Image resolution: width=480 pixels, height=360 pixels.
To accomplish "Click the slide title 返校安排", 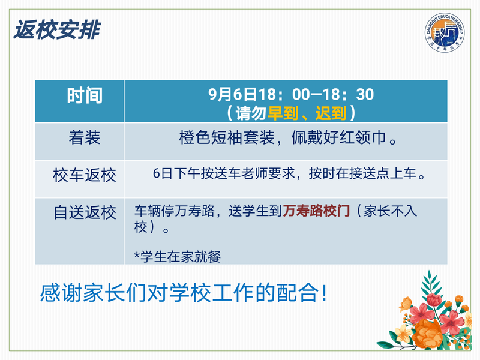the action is tap(57, 29).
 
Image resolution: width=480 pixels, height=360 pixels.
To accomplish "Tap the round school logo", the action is tap(444, 32).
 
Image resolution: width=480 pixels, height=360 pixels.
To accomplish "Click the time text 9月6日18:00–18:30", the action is tap(291, 94).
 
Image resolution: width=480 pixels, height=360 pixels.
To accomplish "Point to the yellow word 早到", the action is tap(283, 113).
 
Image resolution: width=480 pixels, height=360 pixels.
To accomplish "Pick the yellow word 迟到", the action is tap(331, 113).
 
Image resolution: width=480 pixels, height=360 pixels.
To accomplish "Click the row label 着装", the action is tap(85, 137).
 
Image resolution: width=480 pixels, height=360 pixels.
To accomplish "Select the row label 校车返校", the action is tap(85, 175).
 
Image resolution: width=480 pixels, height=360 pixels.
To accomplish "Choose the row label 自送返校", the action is tap(85, 212).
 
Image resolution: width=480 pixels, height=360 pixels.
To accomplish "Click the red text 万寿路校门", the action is tap(316, 211).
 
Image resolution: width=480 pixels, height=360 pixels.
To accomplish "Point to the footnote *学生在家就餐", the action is tap(177, 257).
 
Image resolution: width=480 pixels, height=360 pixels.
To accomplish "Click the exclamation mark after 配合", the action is tap(324, 293).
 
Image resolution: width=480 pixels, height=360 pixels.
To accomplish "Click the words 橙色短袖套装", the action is tap(227, 137).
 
